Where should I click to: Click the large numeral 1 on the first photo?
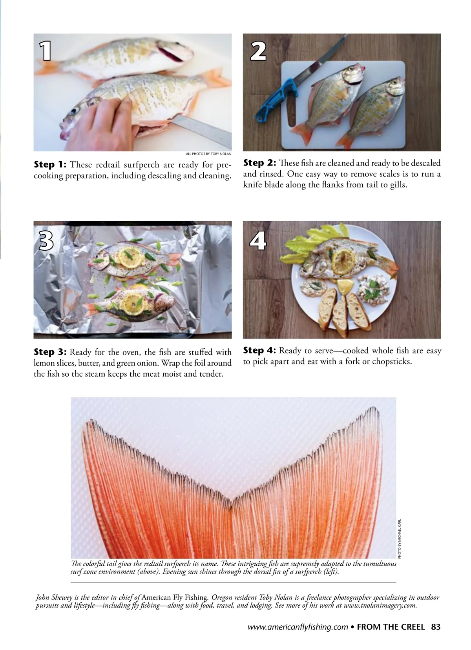click(46, 51)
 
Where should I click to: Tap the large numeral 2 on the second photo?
click(258, 51)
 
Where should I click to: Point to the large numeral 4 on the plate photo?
click(258, 240)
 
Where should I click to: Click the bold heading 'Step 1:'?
click(50, 164)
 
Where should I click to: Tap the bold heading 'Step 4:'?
click(259, 350)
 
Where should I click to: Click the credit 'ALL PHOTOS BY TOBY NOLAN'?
click(208, 154)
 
